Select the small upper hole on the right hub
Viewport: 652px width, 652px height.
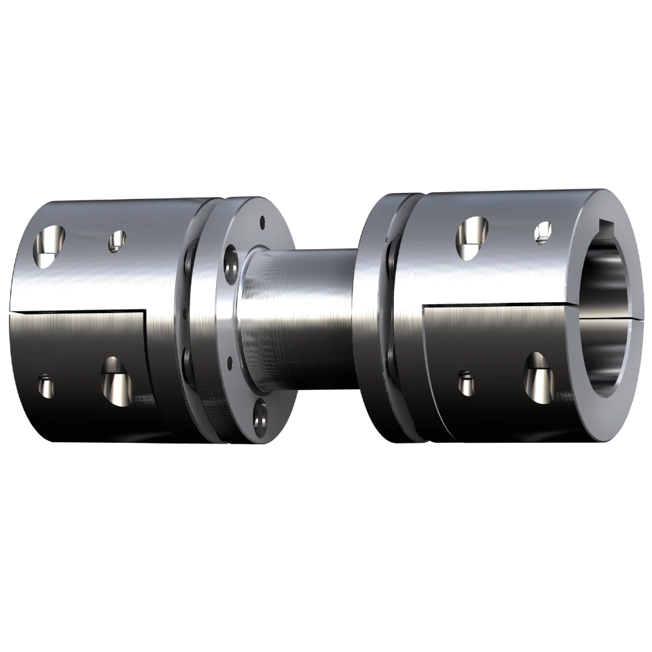pos(543,232)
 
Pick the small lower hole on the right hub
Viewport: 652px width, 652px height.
pos(465,382)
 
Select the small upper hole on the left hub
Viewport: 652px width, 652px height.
pos(117,239)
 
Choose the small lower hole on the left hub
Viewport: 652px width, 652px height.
pos(46,385)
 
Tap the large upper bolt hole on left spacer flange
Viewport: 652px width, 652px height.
pos(231,262)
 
